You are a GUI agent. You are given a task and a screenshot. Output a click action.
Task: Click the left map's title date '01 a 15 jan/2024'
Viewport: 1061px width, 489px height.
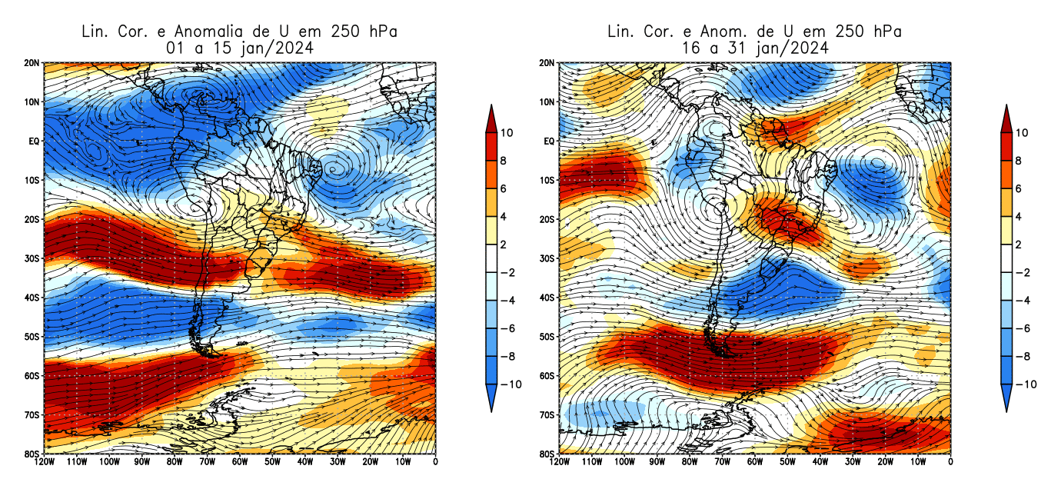pyautogui.click(x=239, y=48)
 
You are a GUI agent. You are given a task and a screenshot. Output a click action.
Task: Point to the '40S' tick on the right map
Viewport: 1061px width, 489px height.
pyautogui.click(x=547, y=298)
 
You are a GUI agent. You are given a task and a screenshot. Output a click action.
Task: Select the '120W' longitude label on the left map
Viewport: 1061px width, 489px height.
pyautogui.click(x=44, y=462)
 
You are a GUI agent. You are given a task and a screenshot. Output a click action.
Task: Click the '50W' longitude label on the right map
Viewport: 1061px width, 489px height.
pyautogui.click(x=787, y=462)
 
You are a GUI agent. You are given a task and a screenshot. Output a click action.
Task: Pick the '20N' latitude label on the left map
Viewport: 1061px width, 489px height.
pyautogui.click(x=32, y=63)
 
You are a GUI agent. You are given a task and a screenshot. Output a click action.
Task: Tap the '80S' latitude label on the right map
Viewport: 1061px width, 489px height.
pyautogui.click(x=547, y=454)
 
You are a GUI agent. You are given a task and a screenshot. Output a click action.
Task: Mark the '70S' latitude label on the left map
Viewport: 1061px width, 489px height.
pyautogui.click(x=32, y=415)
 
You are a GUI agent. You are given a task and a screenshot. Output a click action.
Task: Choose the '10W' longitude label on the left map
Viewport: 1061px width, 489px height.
pyautogui.click(x=403, y=462)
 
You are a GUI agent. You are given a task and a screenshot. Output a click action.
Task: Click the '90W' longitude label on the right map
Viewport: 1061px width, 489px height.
pyautogui.click(x=657, y=462)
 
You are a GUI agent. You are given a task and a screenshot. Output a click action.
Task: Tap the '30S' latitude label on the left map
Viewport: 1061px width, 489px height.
pyautogui.click(x=32, y=258)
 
